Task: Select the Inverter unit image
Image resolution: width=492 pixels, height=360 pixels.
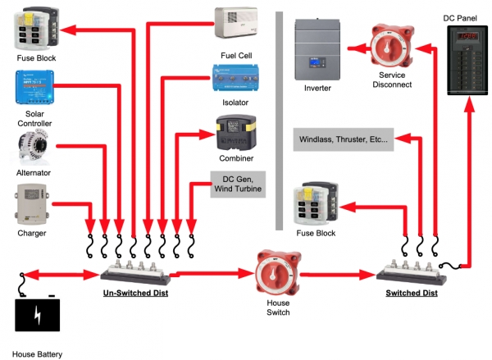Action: (x=318, y=48)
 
